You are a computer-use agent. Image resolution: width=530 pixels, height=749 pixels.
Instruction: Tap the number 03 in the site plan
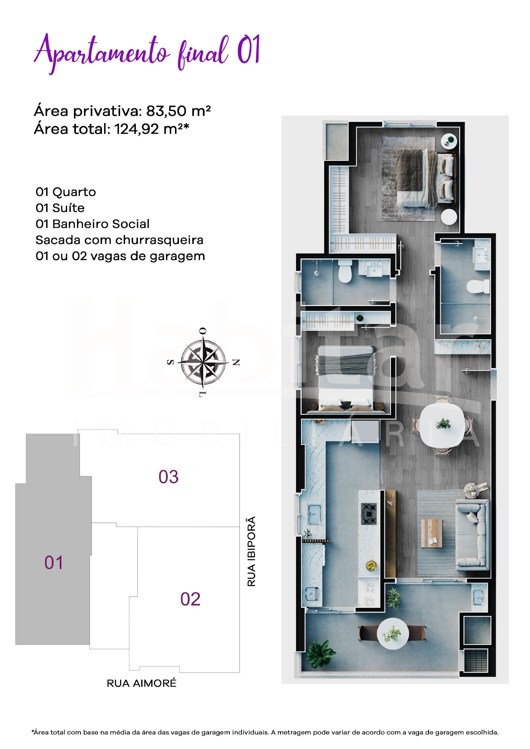168,477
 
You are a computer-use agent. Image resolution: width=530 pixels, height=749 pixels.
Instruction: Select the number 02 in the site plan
190,599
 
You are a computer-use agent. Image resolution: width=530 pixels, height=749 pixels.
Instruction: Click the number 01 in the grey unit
54,563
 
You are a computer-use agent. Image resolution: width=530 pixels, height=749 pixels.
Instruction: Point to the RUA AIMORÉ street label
142,683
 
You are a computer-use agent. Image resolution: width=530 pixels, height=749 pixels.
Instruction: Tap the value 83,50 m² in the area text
178,111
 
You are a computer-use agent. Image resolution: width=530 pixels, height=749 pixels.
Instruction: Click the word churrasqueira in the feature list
159,240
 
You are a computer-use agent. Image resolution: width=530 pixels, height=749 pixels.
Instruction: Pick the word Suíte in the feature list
68,208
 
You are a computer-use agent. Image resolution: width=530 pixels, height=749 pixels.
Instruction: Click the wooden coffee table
431,533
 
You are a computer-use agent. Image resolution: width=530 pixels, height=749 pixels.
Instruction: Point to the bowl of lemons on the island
371,565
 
